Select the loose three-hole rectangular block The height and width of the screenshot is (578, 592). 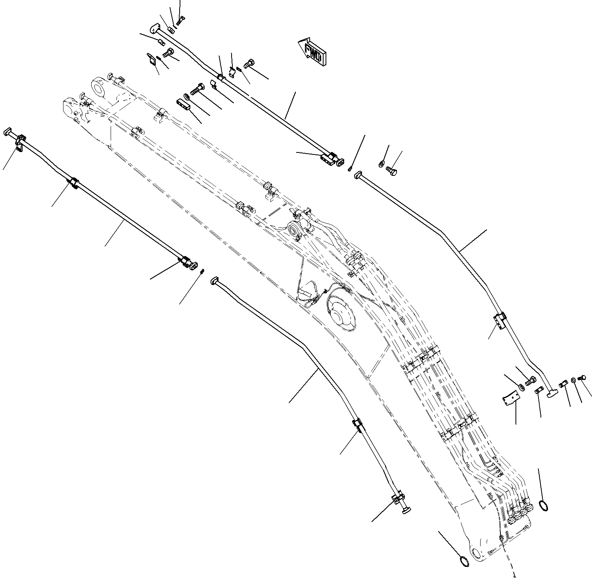(x=184, y=105)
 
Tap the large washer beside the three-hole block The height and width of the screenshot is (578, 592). (x=186, y=96)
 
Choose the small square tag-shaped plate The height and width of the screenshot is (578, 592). (x=152, y=60)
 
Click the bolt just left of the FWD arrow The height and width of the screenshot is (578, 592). (x=249, y=62)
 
